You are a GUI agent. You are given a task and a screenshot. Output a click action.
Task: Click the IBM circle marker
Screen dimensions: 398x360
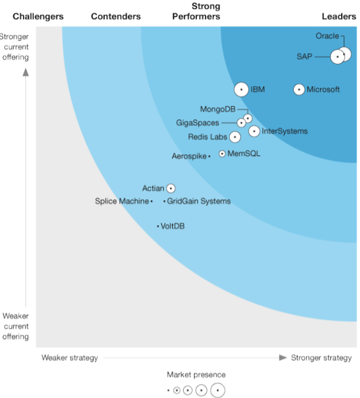click(x=241, y=89)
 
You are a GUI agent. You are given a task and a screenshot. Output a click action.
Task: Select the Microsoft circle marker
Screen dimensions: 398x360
click(x=299, y=89)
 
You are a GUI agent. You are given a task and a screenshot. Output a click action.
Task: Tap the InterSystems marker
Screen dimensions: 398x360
click(x=254, y=131)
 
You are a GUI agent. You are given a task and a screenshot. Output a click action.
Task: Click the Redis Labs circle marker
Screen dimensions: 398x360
click(x=235, y=137)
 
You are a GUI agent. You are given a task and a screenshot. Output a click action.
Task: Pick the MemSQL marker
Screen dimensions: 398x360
click(x=222, y=154)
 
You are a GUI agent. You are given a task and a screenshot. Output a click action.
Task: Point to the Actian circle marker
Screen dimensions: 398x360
click(x=171, y=189)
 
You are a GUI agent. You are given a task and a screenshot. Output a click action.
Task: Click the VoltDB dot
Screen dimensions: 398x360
click(x=158, y=226)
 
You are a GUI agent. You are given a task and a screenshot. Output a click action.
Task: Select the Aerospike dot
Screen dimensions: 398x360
click(x=209, y=157)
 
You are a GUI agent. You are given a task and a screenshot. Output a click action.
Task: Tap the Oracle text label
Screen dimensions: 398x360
click(x=327, y=36)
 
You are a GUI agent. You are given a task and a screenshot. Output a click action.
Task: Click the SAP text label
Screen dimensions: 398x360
click(x=304, y=56)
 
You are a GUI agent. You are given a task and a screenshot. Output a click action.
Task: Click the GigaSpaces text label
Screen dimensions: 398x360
click(x=198, y=123)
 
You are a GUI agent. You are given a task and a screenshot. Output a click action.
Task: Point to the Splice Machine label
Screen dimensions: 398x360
click(x=122, y=201)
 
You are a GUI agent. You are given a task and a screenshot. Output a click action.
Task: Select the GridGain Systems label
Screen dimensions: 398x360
click(x=199, y=201)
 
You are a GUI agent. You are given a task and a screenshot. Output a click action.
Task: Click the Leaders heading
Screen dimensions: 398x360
click(x=338, y=16)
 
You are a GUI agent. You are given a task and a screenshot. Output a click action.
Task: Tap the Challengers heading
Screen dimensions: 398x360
click(x=38, y=16)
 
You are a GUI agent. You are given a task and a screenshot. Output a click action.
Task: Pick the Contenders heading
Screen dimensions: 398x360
click(x=116, y=16)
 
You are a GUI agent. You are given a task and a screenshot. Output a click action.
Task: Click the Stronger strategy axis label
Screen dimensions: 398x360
click(x=321, y=357)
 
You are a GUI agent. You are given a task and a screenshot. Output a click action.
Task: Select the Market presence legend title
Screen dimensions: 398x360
click(x=196, y=375)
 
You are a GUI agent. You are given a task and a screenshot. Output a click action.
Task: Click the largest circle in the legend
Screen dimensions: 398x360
click(x=217, y=390)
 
